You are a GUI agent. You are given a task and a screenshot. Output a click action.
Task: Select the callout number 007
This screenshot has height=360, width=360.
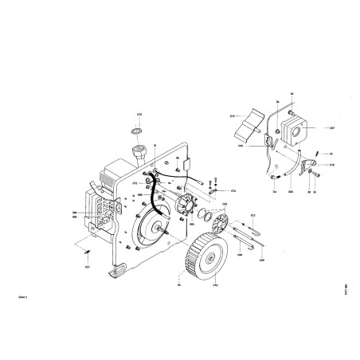(x=331, y=127)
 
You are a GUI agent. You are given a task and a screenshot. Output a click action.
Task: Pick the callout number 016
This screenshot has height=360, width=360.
(x=331, y=165)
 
